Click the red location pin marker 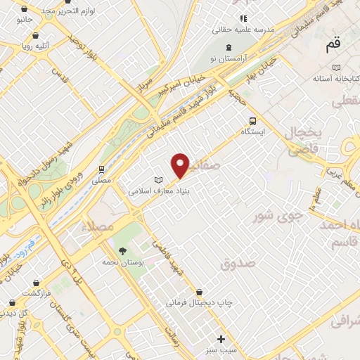[181, 165]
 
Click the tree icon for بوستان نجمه [123, 250]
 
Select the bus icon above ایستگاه [252, 120]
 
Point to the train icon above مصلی [103, 169]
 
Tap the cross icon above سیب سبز [221, 339]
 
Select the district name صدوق [236, 264]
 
